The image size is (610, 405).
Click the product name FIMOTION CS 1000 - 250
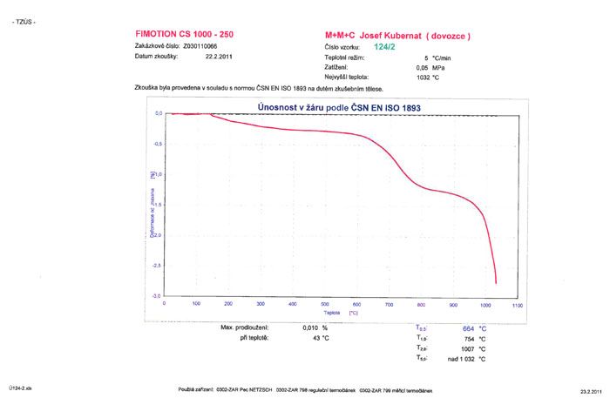point(183,34)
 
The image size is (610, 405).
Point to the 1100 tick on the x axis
point(518,305)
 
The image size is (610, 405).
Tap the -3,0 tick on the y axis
point(157,297)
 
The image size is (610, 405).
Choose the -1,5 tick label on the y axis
point(157,206)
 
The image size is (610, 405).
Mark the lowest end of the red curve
point(496,283)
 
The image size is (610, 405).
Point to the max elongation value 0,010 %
point(303,327)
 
